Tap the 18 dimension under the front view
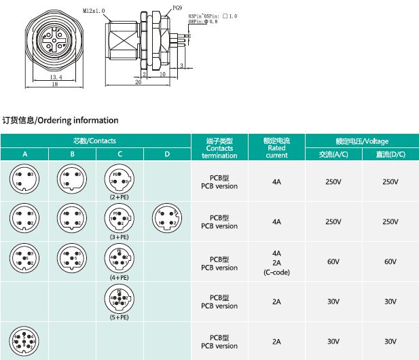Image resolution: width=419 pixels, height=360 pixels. pos(55,85)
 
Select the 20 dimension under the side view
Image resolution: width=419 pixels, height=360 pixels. pos(138,82)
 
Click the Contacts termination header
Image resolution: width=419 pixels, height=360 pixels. pos(219,148)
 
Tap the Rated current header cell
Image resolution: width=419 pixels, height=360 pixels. pos(276,148)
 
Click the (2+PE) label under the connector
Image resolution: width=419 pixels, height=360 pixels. pos(120,196)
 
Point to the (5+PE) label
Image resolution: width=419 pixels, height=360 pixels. pos(120,317)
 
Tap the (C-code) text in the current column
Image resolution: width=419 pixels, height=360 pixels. pos(276,272)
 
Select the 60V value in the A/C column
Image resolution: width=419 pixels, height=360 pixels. pos(333,262)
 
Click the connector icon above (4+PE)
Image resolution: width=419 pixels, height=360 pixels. pos(120,258)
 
